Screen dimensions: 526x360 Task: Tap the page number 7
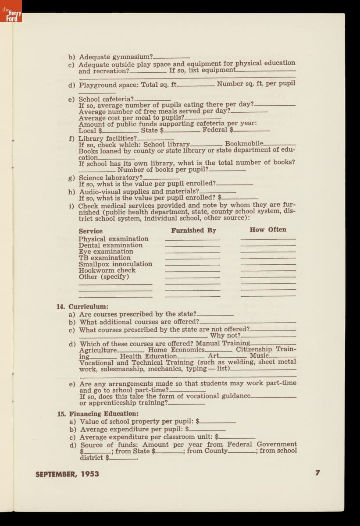point(318,473)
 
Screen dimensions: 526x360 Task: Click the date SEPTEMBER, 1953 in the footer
point(67,474)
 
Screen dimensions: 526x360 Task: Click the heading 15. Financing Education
point(98,413)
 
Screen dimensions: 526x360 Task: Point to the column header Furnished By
point(193,230)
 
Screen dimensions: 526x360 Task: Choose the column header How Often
point(268,230)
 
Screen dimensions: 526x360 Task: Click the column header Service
point(90,231)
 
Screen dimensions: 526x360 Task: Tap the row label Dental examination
point(110,245)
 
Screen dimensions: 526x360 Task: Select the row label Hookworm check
point(107,270)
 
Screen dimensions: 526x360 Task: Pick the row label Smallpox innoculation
point(115,264)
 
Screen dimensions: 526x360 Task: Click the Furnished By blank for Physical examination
point(192,240)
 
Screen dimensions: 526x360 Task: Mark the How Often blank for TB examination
point(268,259)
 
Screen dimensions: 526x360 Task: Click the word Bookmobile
point(244,144)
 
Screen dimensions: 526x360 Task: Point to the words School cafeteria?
point(107,99)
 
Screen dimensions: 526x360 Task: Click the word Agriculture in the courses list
point(98,350)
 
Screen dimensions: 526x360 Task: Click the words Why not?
point(225,336)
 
